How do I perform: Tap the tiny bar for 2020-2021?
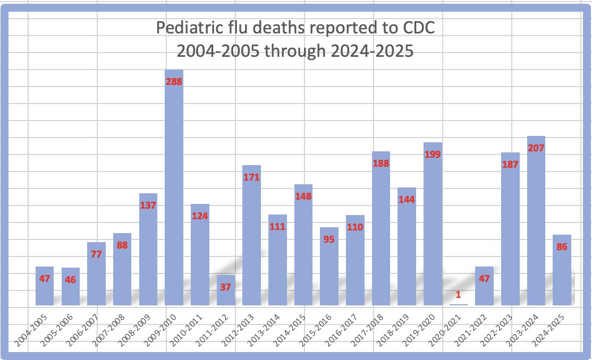click(458, 304)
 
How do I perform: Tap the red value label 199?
click(433, 155)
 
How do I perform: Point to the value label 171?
click(251, 177)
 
